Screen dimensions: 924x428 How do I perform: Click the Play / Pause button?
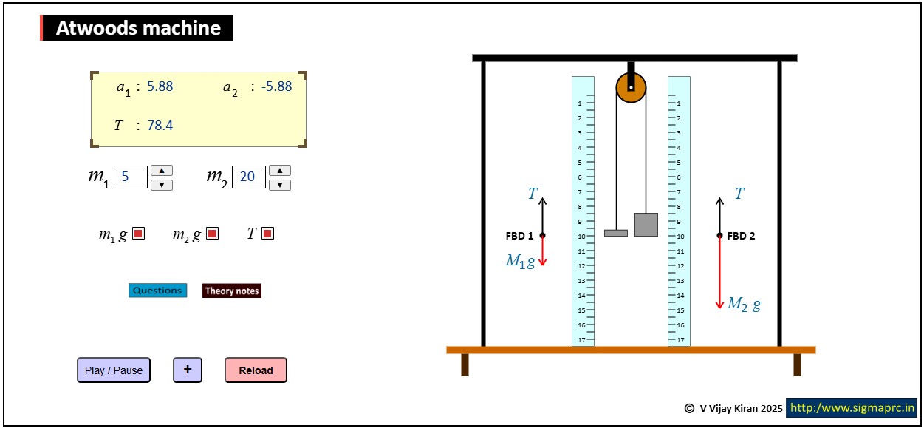point(114,370)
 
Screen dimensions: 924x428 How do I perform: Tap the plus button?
point(188,370)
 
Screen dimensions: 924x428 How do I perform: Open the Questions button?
point(157,291)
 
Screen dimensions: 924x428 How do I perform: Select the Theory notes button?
point(232,291)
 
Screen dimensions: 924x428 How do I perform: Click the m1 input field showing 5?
point(130,177)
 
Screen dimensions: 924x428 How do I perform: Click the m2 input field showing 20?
point(249,177)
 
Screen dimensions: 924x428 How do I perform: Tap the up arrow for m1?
point(162,171)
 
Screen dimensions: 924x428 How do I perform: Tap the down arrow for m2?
point(280,185)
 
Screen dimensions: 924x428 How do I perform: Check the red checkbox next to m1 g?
point(139,234)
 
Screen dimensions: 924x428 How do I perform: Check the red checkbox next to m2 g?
point(212,234)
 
